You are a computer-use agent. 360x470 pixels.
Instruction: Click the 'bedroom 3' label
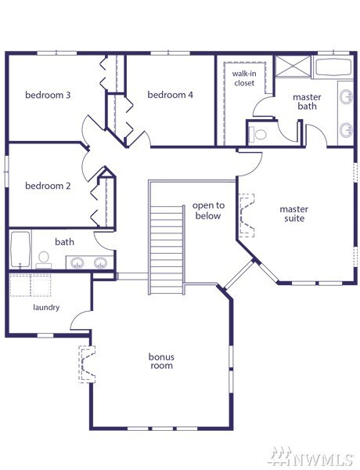(x=48, y=95)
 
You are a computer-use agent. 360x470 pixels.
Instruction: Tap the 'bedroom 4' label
(x=170, y=95)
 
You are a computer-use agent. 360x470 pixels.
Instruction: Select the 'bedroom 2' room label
(x=48, y=186)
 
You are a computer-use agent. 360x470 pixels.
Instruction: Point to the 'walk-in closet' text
(x=244, y=78)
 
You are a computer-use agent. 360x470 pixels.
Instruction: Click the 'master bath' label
(x=307, y=102)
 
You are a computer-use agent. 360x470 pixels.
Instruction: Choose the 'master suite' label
(x=293, y=214)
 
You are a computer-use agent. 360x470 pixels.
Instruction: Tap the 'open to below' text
(x=208, y=211)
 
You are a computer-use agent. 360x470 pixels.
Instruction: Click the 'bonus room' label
(x=161, y=361)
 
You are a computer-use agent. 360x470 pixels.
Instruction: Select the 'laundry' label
(x=46, y=308)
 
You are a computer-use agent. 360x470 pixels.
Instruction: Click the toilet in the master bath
(x=258, y=134)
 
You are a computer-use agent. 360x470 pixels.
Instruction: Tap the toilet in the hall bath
(x=44, y=260)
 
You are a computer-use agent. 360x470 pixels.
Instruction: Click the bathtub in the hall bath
(x=20, y=249)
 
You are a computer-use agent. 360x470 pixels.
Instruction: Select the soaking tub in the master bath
(x=333, y=67)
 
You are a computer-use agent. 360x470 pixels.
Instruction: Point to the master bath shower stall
(x=293, y=67)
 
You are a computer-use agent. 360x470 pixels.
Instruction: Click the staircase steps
(x=167, y=250)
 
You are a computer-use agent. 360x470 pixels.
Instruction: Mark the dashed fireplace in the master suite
(x=247, y=215)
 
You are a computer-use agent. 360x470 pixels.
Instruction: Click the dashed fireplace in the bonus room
(x=87, y=364)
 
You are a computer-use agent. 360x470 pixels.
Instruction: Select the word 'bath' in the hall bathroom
(x=64, y=242)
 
